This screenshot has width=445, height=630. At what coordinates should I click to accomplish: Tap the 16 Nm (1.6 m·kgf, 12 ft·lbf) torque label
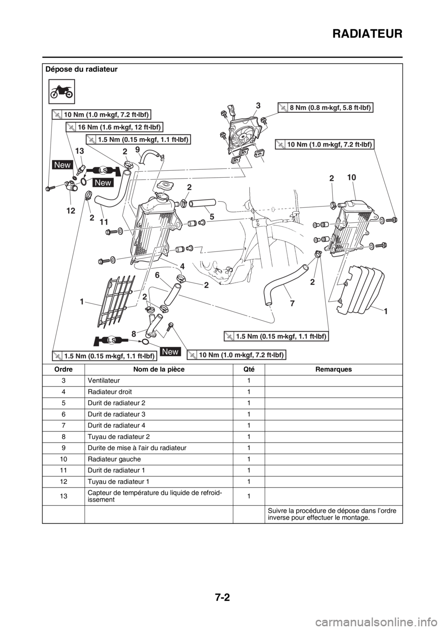pos(114,126)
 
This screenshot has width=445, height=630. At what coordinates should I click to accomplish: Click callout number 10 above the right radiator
pos(350,178)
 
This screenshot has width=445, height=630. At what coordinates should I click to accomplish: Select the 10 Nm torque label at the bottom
pos(236,355)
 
